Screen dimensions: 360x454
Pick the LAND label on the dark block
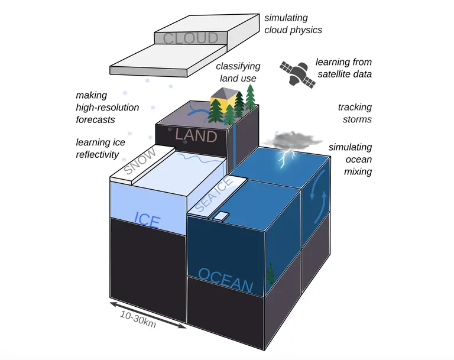[x=196, y=135]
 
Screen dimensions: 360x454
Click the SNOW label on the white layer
[x=140, y=160]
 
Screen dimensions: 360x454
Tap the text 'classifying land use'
[x=238, y=72]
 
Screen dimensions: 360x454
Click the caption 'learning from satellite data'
[x=343, y=68]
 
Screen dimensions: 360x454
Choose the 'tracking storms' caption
[x=355, y=113]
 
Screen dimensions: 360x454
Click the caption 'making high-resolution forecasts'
[x=107, y=108]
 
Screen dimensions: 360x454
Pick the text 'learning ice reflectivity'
[x=100, y=148]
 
